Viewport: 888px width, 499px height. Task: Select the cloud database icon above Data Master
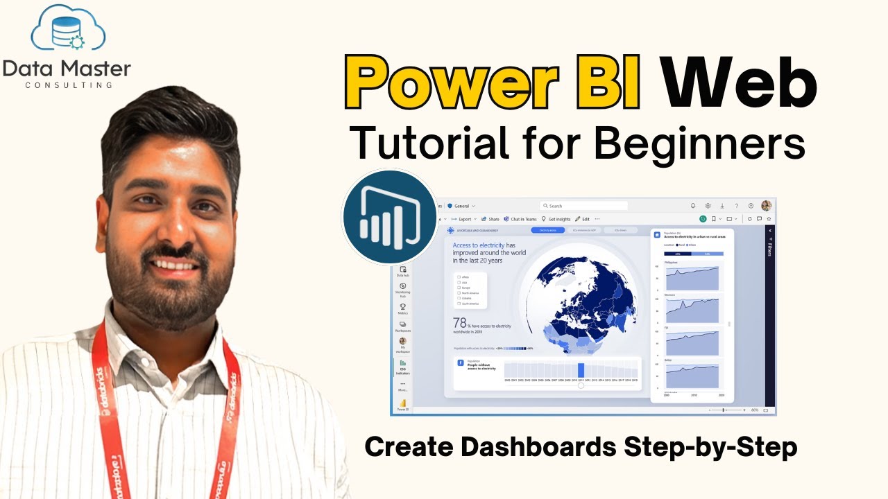(x=68, y=31)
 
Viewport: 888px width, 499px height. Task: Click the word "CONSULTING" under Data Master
(x=68, y=85)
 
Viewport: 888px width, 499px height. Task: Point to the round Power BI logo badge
(x=389, y=217)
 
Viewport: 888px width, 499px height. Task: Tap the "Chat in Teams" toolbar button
(x=520, y=219)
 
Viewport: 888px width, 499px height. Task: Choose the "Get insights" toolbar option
(x=556, y=219)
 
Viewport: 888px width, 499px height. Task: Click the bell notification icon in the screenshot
(x=692, y=206)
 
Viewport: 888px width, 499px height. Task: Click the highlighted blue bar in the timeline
(x=581, y=370)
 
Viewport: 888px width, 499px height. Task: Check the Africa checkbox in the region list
(x=459, y=277)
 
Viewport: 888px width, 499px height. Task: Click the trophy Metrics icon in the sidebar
(x=402, y=306)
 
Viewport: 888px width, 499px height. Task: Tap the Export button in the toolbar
(x=463, y=219)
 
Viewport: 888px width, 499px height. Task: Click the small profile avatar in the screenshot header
(x=766, y=206)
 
